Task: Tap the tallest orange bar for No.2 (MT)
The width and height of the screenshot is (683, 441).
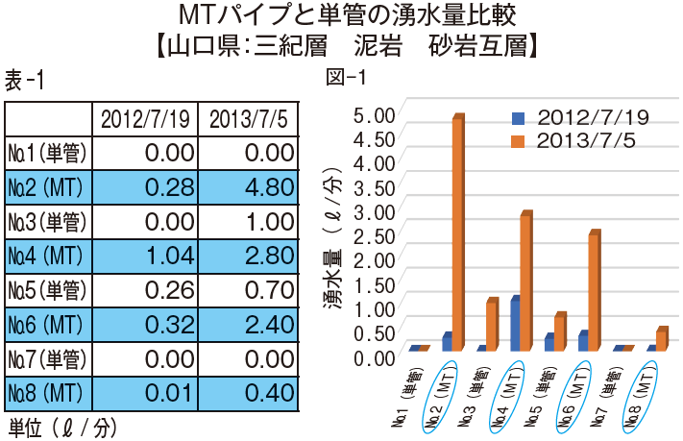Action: pyautogui.click(x=458, y=231)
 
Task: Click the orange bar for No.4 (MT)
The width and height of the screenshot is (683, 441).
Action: pyautogui.click(x=525, y=281)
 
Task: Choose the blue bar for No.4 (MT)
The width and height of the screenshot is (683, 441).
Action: pyautogui.click(x=515, y=324)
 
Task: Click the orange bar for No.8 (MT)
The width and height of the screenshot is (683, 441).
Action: pyautogui.click(x=661, y=338)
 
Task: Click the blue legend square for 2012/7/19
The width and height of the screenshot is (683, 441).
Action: pyautogui.click(x=520, y=119)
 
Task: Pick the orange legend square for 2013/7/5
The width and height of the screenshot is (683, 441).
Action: pyautogui.click(x=520, y=141)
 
